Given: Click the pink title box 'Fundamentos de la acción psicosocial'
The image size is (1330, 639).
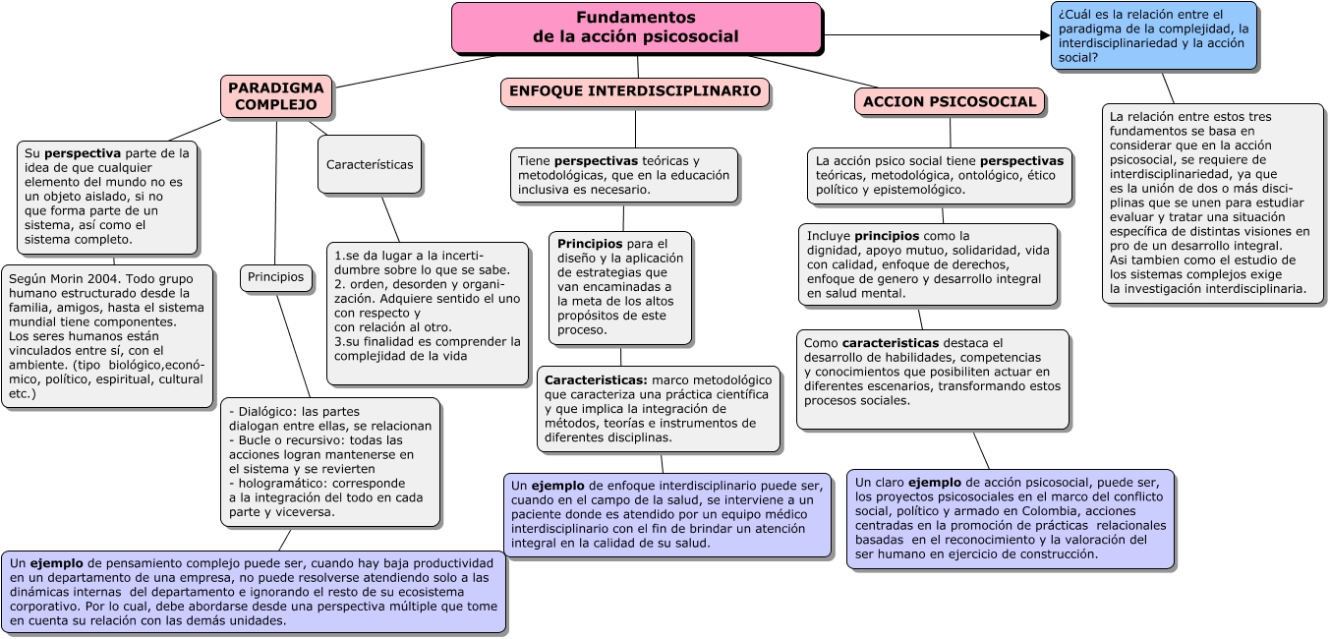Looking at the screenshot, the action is tap(637, 28).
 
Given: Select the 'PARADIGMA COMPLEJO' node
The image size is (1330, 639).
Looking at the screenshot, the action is tap(276, 96).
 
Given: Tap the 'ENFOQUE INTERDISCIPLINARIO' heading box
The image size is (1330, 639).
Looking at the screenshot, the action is tap(635, 92).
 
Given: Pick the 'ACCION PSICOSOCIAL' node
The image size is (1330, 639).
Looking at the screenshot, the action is tap(950, 102).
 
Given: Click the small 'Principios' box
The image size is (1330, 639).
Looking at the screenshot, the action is tap(276, 277).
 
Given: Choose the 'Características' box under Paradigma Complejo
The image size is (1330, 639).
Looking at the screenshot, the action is tap(370, 164).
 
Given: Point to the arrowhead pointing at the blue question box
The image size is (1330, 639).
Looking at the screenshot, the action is tap(1045, 35).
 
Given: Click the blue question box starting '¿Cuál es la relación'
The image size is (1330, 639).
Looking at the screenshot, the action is tap(1154, 35).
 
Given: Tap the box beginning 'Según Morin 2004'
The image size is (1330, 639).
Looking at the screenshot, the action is tap(107, 336).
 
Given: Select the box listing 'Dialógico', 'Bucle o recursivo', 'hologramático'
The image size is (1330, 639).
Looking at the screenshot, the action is tap(330, 462).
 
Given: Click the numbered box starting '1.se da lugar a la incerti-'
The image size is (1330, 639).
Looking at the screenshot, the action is tap(427, 313).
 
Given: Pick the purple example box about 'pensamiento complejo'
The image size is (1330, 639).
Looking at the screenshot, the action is tap(254, 592).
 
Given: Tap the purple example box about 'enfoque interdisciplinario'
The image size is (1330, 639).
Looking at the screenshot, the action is tap(667, 515).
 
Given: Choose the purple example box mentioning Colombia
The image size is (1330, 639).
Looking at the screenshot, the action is tap(1011, 518).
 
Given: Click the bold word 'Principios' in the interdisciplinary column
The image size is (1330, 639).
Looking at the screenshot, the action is tap(590, 244).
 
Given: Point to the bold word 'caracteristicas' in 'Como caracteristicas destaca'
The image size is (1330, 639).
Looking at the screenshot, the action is tap(891, 343).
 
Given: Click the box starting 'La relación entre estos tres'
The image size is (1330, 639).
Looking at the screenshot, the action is tap(1212, 203).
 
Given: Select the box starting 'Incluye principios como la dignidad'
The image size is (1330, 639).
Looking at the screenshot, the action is tap(928, 264).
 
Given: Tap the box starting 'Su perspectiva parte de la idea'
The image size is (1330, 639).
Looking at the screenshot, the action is tap(107, 198).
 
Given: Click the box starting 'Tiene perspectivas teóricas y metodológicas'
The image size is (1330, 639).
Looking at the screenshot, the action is tap(623, 175).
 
